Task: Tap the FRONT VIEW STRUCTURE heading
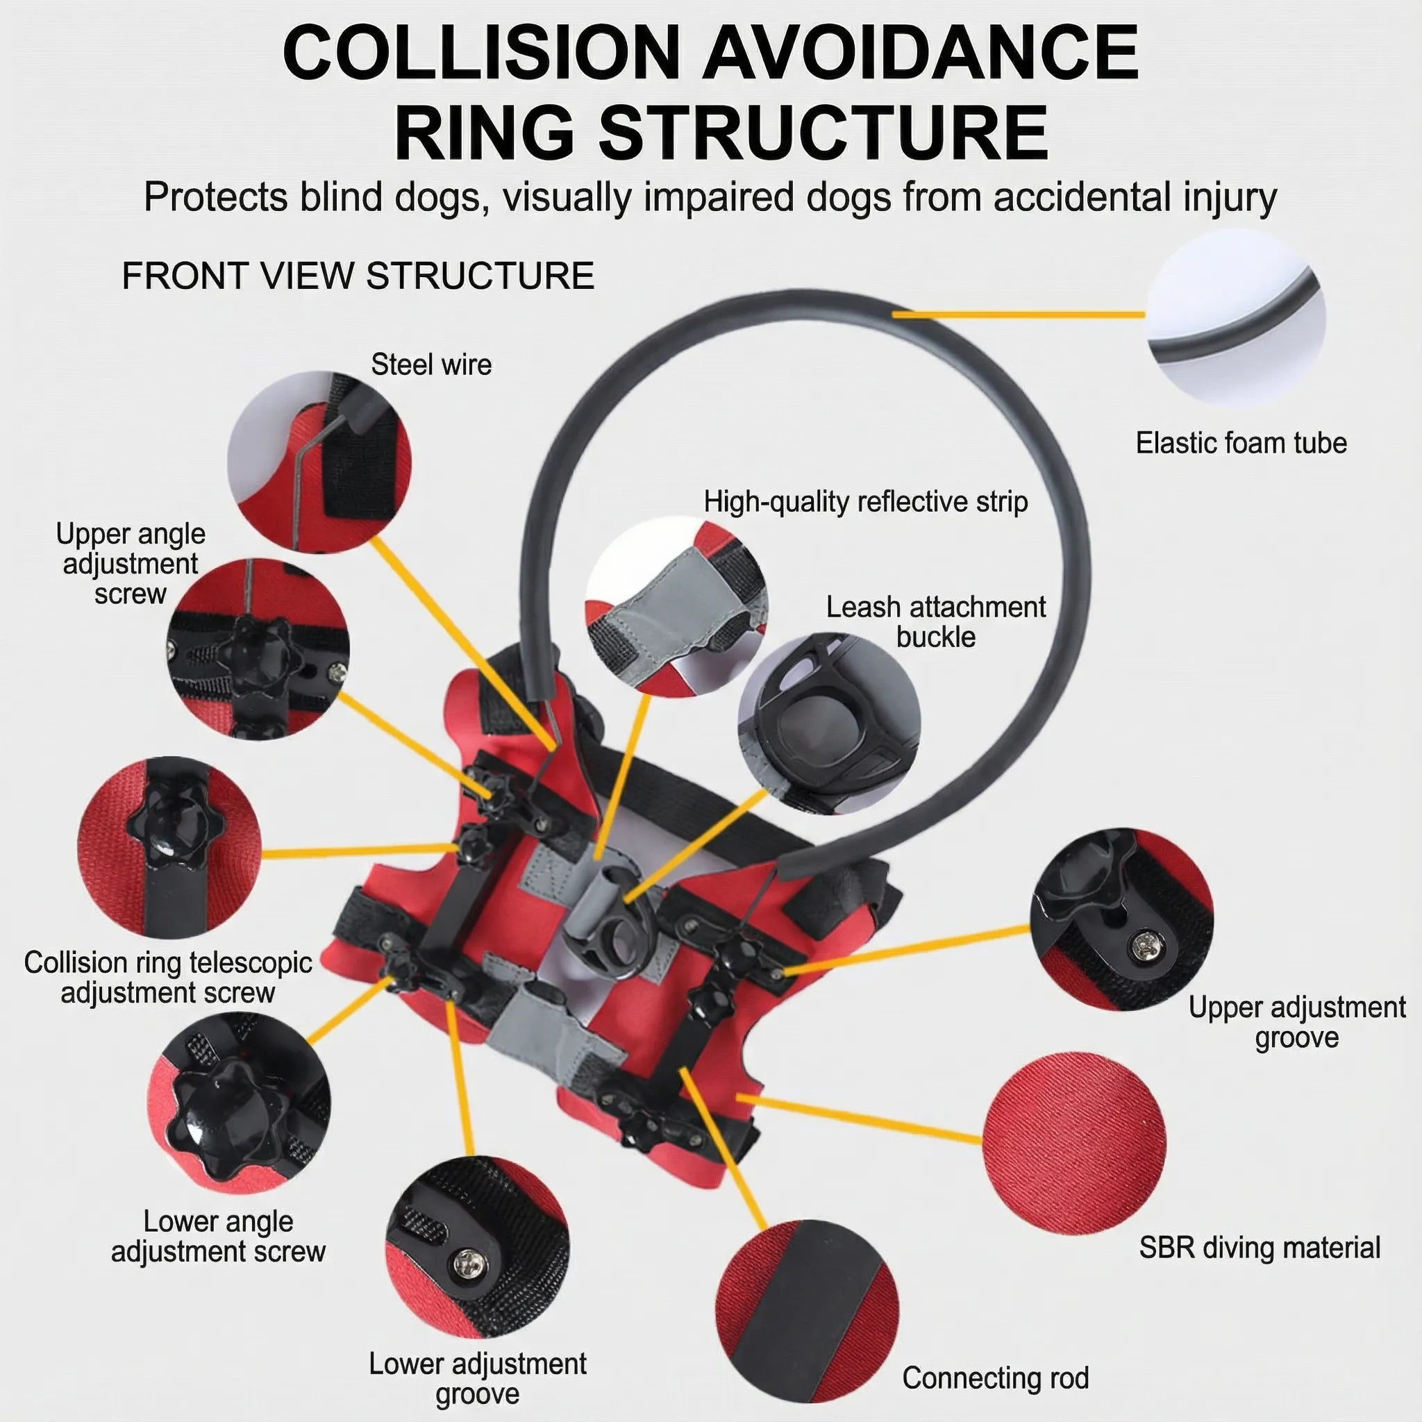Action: [358, 276]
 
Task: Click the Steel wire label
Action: [431, 365]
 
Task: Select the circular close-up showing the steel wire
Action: [319, 462]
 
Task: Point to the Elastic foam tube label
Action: [1241, 443]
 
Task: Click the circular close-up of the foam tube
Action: [1236, 318]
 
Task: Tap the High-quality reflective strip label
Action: [866, 502]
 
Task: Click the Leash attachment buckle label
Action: [935, 622]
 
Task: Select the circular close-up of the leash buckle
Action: [830, 725]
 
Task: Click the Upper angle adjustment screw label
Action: [131, 564]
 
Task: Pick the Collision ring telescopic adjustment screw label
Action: [168, 978]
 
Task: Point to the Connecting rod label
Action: [995, 1378]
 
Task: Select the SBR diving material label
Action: [1260, 1248]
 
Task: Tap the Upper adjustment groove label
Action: [1297, 1022]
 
